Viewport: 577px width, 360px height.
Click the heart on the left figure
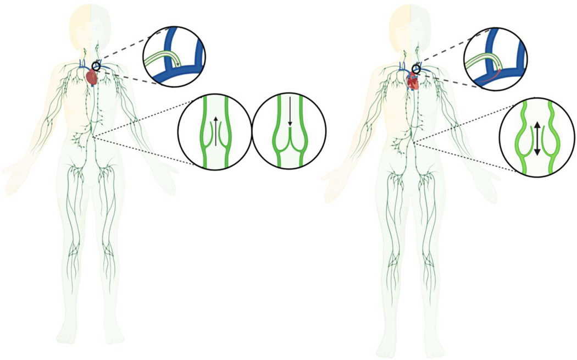click(x=92, y=77)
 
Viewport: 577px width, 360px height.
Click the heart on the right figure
click(x=413, y=81)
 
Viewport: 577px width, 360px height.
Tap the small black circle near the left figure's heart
click(x=97, y=67)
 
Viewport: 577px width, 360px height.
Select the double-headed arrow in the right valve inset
click(x=537, y=137)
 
